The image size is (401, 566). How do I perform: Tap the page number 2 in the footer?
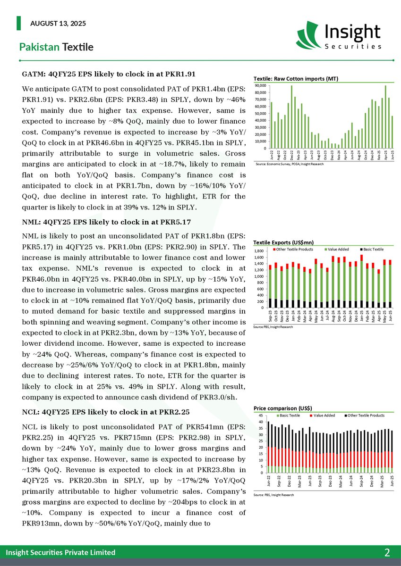pos(387,552)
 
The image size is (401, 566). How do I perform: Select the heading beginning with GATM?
pos(109,74)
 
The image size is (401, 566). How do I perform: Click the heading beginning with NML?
pos(106,222)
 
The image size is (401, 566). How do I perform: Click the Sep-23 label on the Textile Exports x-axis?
pos(270,316)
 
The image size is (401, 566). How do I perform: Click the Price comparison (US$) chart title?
pos(282,408)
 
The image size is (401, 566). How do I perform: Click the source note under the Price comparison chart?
pos(273,495)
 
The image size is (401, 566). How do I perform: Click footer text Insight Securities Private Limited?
pos(60,552)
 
